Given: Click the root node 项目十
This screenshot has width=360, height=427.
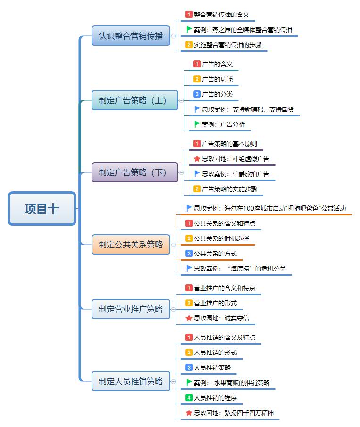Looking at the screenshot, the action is point(42,208).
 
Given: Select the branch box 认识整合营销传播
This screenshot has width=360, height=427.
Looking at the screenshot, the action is point(131,36).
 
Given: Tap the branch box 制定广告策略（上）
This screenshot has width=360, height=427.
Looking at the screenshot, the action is point(135,100).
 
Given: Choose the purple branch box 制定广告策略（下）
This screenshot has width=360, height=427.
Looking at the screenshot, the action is point(135,172).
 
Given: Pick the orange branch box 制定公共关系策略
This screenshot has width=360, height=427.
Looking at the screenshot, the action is point(131,244).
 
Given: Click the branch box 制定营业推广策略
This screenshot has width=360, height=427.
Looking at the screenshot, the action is point(131,309).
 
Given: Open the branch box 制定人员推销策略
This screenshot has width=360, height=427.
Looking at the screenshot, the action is point(131,381).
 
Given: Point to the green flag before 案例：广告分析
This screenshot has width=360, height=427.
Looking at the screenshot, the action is point(197,124).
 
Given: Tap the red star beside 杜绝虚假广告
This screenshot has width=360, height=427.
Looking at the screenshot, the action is point(197,159).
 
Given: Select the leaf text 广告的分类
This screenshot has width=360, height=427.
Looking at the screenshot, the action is point(217,94).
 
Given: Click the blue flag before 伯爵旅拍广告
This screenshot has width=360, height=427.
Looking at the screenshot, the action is point(197,174).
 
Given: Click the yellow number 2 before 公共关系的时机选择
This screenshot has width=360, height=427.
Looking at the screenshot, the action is point(189,238).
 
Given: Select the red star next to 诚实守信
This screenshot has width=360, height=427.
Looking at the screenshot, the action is point(189,318).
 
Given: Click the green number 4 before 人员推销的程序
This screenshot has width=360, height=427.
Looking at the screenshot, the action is point(189,398).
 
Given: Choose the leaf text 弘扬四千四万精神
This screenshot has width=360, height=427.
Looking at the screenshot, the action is point(233,413).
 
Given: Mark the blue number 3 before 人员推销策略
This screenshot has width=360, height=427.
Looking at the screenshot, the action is point(189,368).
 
